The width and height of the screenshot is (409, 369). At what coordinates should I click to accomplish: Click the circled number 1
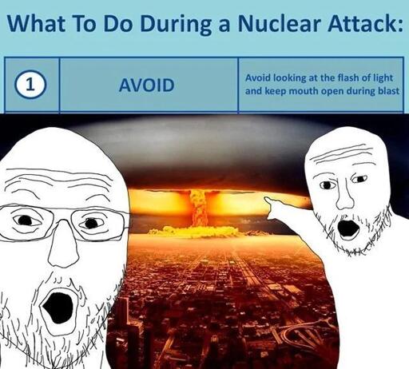(30, 85)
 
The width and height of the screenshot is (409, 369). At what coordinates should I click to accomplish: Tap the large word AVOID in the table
(147, 85)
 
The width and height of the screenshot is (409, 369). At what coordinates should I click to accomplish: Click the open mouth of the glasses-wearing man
(58, 307)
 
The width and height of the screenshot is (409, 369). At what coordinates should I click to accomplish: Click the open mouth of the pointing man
(347, 228)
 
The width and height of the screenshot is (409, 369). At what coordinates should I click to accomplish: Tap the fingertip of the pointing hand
(265, 198)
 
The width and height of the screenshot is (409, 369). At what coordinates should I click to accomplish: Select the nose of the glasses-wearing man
(63, 249)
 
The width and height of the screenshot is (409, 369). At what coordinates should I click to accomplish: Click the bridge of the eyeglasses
(62, 217)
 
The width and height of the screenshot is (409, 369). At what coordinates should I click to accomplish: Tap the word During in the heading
(175, 25)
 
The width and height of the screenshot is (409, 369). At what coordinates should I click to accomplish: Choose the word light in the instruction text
(384, 78)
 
